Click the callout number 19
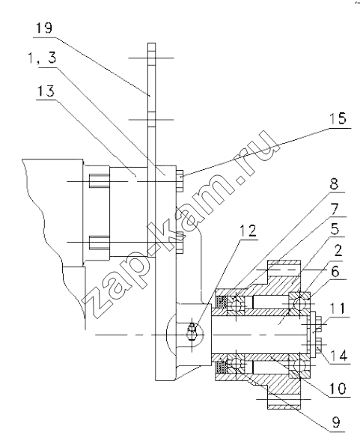click(x=44, y=28)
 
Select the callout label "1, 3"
click(x=43, y=58)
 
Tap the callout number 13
click(x=46, y=91)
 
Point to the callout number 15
click(x=338, y=118)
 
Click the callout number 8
click(x=335, y=184)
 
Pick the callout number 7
click(x=335, y=209)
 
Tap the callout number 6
click(x=335, y=272)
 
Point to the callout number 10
click(x=338, y=389)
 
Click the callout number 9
click(x=335, y=422)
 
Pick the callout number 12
click(x=248, y=231)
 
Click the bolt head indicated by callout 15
click(x=180, y=180)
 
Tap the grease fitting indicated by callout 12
click(x=192, y=332)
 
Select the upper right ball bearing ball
click(x=299, y=303)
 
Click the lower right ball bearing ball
click(x=299, y=365)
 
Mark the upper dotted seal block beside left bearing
click(x=221, y=302)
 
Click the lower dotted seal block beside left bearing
click(x=221, y=368)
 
